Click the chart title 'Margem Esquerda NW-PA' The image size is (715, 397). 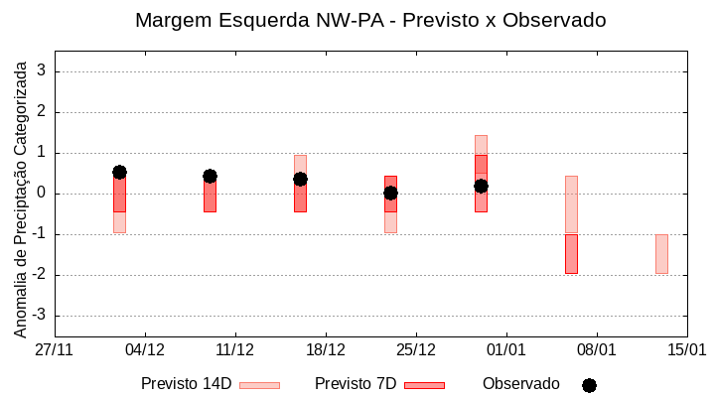pyautogui.click(x=370, y=20)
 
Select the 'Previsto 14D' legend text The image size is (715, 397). pyautogui.click(x=186, y=384)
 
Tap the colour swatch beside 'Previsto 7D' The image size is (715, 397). pyautogui.click(x=424, y=385)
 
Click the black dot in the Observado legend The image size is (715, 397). pyautogui.click(x=589, y=385)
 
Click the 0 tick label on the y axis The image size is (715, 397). pyautogui.click(x=41, y=194)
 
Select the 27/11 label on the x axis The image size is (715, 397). pyautogui.click(x=55, y=350)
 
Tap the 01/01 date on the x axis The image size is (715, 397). pyautogui.click(x=505, y=350)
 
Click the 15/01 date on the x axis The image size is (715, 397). pyautogui.click(x=686, y=350)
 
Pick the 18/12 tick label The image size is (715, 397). pyautogui.click(x=325, y=350)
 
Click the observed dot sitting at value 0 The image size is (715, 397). pyautogui.click(x=390, y=194)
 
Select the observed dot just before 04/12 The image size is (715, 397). pyautogui.click(x=119, y=172)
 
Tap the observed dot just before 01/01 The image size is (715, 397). pyautogui.click(x=481, y=186)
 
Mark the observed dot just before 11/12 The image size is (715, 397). pyautogui.click(x=210, y=176)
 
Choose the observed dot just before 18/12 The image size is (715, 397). pyautogui.click(x=300, y=179)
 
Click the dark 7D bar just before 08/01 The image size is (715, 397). pyautogui.click(x=571, y=254)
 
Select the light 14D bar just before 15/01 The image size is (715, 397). pyautogui.click(x=661, y=254)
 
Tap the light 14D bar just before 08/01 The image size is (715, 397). pyautogui.click(x=571, y=204)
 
